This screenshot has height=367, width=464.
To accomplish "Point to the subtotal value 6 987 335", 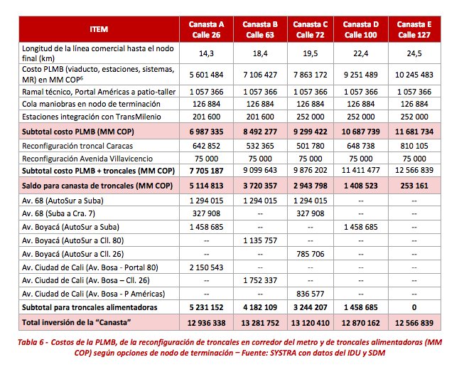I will (207, 132).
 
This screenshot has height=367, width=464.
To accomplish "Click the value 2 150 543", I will (207, 268).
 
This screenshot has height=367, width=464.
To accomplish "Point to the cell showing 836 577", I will (312, 294).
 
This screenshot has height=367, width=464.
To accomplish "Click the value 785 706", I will (312, 255).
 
